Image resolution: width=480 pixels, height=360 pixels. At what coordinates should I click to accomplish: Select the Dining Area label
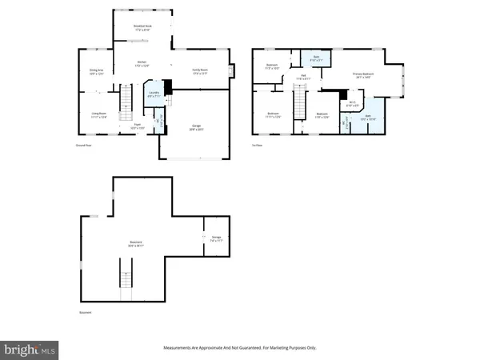pos(96,72)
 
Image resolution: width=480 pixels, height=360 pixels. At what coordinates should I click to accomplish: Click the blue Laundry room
pos(153,94)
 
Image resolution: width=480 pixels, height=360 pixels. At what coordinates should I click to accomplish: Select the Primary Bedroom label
pos(363,75)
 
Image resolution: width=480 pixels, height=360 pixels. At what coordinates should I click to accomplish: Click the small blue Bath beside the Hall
pos(316,58)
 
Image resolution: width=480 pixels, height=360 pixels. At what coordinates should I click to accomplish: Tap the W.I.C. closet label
pos(353,103)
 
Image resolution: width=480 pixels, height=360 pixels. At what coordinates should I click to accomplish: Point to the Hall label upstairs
pos(304,78)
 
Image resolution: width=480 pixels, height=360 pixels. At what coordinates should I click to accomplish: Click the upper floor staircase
pos(300,103)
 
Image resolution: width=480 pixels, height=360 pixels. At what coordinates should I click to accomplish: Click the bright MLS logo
pos(31,349)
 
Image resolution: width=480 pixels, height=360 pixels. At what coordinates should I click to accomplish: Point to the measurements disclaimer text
pos(239,348)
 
